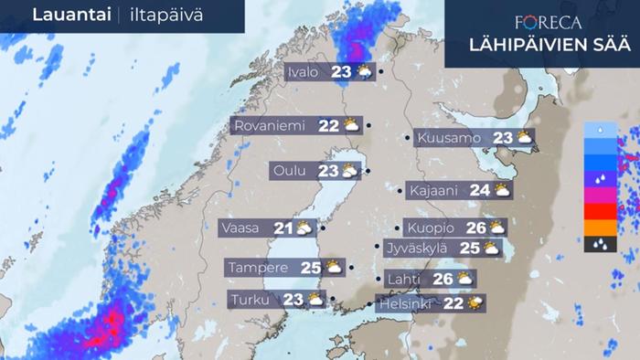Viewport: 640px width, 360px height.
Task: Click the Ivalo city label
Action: (303, 73)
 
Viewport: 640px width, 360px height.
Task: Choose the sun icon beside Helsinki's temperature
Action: (475, 302)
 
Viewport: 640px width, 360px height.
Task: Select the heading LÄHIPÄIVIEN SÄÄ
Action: (542, 45)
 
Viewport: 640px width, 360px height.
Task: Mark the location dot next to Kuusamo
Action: (408, 139)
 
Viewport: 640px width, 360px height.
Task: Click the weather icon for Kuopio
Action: (496, 228)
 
